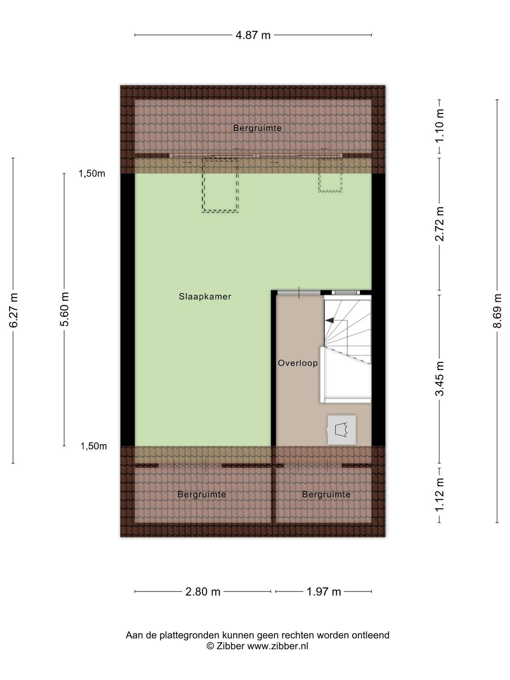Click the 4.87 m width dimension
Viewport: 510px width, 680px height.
click(253, 35)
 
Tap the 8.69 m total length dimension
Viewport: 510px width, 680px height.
click(497, 311)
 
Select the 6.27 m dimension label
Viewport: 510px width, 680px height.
click(13, 310)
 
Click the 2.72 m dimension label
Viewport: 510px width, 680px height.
click(439, 224)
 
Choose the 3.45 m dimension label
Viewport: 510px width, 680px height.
click(439, 379)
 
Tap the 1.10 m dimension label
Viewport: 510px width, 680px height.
click(439, 126)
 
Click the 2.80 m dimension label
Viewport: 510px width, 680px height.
click(203, 592)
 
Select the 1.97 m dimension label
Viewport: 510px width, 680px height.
click(323, 592)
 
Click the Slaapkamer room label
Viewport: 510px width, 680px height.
click(205, 297)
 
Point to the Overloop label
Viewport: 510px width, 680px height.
click(298, 363)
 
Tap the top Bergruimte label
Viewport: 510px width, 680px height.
click(257, 128)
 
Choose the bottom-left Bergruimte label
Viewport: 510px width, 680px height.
click(201, 494)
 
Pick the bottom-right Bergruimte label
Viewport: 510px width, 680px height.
click(326, 494)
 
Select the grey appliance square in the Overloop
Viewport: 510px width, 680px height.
click(342, 430)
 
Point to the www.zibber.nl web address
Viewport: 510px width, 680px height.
click(278, 645)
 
